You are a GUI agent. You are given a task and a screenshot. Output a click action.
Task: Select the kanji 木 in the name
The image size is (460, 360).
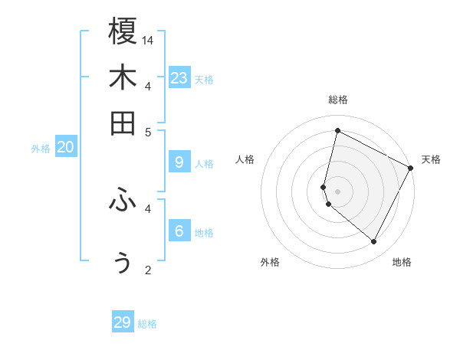coord(123,77)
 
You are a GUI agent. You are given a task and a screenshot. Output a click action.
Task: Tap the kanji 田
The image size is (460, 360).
coord(123,123)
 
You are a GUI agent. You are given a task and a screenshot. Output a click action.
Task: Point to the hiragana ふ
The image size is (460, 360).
coord(123,201)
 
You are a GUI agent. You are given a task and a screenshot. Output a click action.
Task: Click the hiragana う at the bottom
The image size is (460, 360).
coord(123,262)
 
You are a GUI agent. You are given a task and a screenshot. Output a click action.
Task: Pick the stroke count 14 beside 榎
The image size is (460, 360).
coord(149,40)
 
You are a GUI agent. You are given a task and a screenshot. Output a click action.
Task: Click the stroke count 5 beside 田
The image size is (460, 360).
coord(149,132)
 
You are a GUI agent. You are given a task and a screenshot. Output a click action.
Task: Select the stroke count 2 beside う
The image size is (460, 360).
coord(149,270)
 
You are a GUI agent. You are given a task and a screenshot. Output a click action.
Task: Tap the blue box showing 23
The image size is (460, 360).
coord(179,78)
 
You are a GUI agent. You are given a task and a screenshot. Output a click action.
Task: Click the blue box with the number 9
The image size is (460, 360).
coord(179,162)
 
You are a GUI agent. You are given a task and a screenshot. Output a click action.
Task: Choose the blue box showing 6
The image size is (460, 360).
coord(179,231)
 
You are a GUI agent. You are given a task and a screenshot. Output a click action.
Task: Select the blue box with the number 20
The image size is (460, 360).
coord(65,148)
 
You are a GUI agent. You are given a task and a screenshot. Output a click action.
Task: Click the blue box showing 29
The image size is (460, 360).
coord(123,322)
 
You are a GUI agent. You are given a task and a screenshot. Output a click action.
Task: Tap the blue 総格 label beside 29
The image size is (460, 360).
coord(147,324)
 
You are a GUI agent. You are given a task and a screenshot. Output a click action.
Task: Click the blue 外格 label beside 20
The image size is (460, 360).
coord(41,149)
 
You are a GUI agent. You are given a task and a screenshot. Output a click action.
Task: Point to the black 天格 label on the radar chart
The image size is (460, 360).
coord(431,159)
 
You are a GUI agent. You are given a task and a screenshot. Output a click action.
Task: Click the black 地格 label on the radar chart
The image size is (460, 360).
coord(402,262)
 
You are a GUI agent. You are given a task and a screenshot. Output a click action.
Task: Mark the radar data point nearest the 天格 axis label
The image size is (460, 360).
coord(411,168)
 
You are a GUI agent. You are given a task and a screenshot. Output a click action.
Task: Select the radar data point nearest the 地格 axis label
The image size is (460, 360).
coord(373,242)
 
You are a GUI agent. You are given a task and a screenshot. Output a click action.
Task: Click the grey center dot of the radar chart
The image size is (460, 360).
coord(337,191)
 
